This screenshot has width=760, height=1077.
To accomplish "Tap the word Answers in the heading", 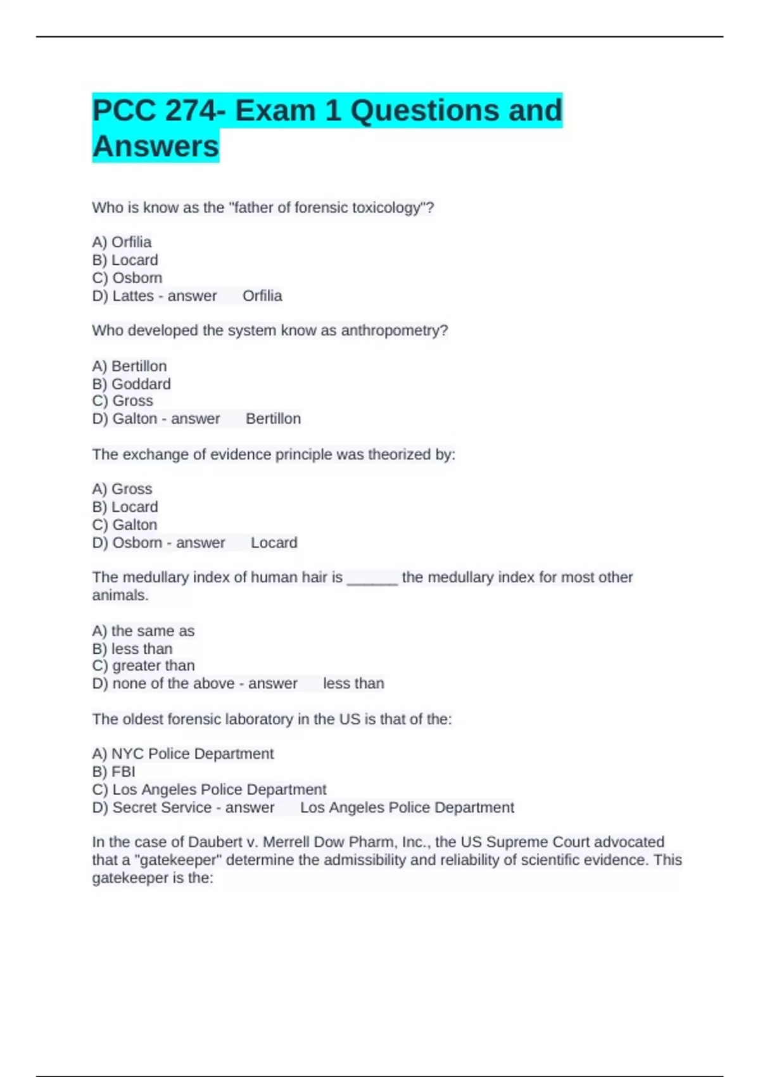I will [156, 146].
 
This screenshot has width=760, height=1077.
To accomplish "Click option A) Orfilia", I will [122, 242].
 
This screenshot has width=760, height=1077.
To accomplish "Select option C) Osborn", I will [127, 277].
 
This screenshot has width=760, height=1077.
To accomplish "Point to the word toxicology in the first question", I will [387, 208].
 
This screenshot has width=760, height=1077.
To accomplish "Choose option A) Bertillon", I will [129, 366].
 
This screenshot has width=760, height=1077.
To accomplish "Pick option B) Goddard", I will [131, 384].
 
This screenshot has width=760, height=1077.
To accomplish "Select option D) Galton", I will [125, 419].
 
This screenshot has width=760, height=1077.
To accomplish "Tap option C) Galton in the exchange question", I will [125, 525].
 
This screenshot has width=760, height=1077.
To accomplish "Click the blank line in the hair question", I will [372, 578].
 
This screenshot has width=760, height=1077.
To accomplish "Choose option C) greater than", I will [143, 666].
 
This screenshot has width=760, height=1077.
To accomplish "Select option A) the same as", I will [143, 631].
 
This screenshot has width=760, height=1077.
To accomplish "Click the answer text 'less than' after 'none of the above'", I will [353, 684].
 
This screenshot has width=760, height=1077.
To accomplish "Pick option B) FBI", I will [114, 772].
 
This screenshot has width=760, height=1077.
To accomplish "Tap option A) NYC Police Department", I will [183, 754].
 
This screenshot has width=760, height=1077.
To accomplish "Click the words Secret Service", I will [162, 808].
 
